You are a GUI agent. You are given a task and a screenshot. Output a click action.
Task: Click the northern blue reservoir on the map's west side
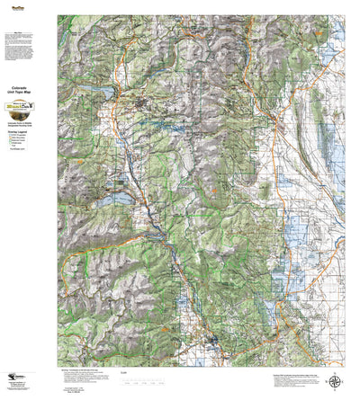pyautogui.click(x=101, y=93)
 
